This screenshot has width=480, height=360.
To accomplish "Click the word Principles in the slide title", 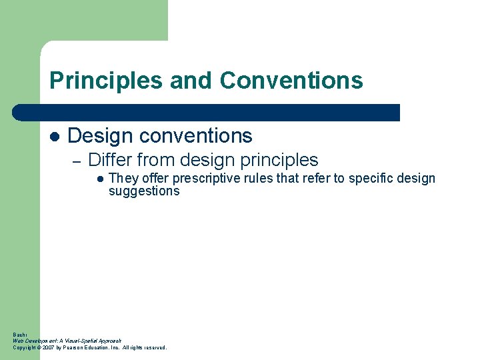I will tap(106, 81).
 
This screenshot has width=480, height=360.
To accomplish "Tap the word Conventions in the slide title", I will tap(291, 81).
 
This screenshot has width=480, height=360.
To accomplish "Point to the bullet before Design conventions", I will tap(55, 137).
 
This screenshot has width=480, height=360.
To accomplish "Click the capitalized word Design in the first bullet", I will tap(99, 136).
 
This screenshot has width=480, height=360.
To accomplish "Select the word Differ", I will tap(110, 160).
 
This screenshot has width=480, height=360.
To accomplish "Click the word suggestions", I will tap(144, 191).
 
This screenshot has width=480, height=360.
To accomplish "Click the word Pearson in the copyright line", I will tap(75, 347).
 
